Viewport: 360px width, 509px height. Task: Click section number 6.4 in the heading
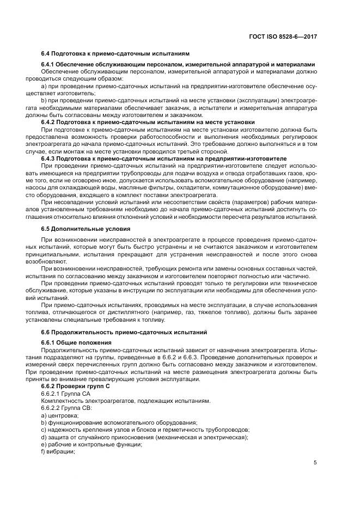tap(47, 54)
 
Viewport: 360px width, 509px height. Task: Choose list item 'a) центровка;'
tap(60, 415)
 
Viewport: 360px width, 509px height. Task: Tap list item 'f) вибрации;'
tap(58, 452)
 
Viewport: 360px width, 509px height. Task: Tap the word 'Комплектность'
tap(59, 401)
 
